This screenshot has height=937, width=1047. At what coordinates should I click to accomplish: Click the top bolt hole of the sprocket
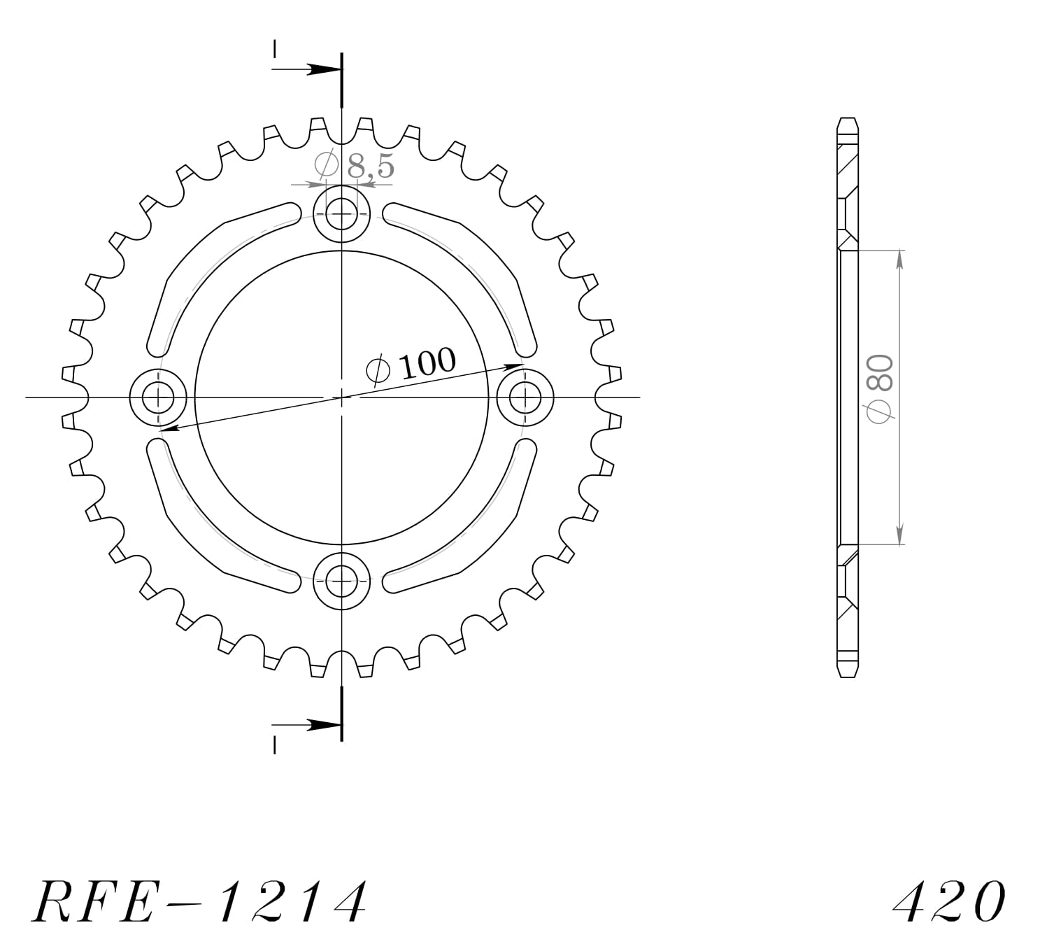click(x=341, y=213)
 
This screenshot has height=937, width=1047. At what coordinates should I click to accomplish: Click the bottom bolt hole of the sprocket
click(x=341, y=581)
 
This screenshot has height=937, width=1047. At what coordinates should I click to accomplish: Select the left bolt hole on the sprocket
click(x=158, y=397)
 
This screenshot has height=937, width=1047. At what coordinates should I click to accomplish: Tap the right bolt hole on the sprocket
click(x=525, y=397)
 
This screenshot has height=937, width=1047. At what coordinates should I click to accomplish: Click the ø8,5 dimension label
click(x=355, y=166)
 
